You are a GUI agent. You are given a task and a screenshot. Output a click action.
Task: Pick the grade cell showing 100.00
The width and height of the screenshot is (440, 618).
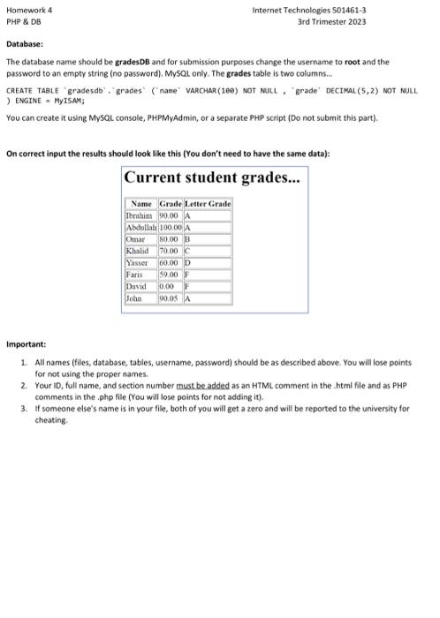(169, 225)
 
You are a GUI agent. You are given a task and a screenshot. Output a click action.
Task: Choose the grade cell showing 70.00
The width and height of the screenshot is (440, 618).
(168, 248)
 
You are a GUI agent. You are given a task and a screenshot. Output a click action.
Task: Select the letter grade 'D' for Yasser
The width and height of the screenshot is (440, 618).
(187, 260)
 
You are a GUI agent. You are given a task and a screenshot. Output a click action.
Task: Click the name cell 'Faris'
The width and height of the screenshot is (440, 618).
(136, 271)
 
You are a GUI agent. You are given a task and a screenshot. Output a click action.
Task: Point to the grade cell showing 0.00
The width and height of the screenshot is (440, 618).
(165, 283)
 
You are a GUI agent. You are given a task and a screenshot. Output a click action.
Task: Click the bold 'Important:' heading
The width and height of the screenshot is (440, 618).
(27, 344)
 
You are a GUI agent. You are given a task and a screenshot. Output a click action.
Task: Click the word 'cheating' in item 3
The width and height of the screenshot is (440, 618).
(51, 420)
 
